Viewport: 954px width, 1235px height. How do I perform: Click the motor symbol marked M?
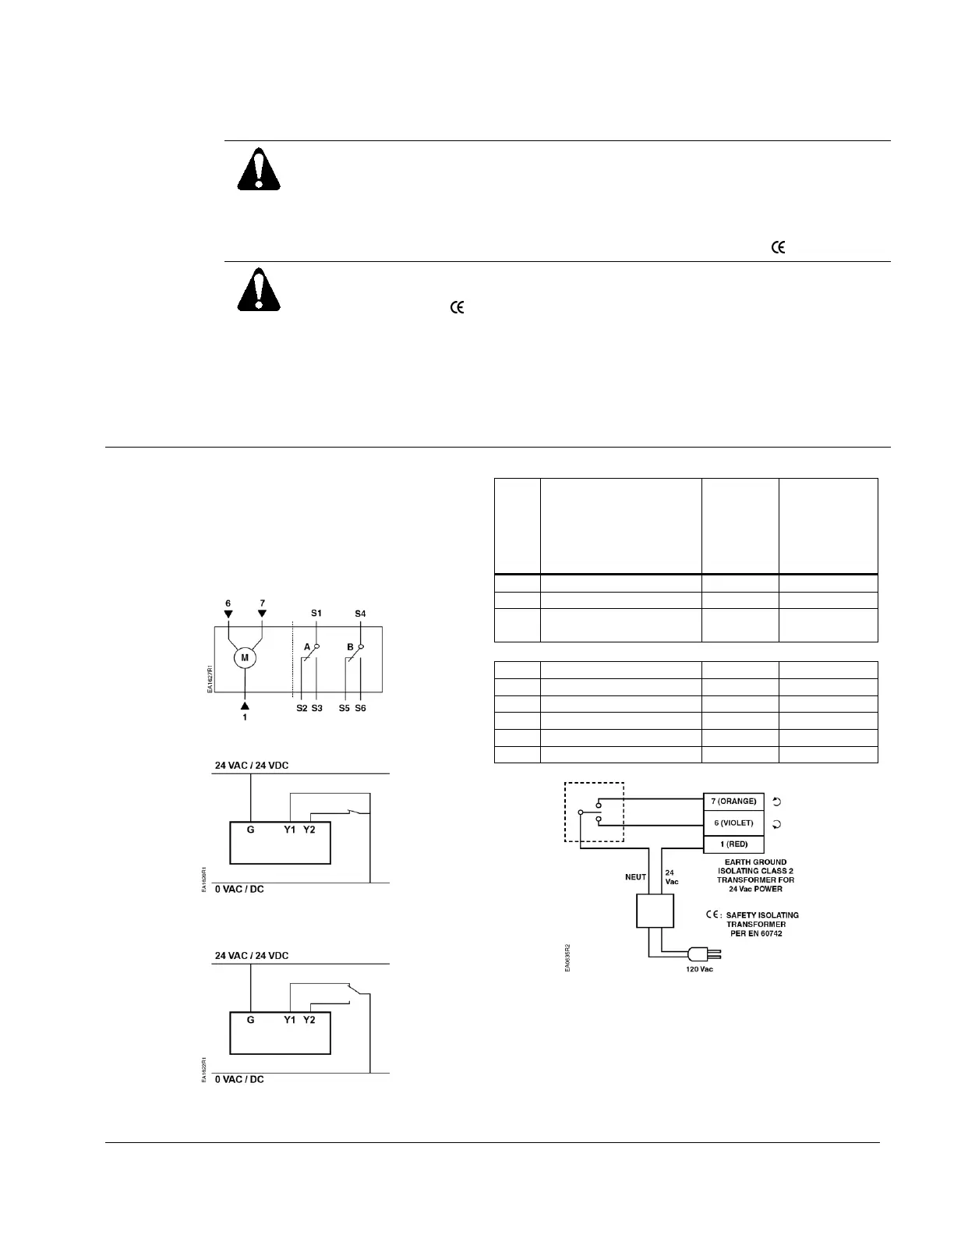point(245,658)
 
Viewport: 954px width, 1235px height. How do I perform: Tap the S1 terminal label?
point(316,614)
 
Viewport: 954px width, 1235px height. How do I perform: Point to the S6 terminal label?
point(360,708)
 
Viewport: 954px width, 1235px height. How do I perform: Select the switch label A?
point(307,647)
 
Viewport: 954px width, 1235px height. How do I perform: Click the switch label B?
point(351,647)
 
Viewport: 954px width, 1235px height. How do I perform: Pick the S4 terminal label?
point(360,614)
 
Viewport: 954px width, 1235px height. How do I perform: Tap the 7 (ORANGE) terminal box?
point(733,801)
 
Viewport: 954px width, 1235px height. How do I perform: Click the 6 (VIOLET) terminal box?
point(733,823)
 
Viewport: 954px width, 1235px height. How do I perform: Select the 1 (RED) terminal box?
point(733,844)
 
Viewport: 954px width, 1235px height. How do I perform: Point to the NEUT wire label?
point(635,876)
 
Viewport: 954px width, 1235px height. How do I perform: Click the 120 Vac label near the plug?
point(698,969)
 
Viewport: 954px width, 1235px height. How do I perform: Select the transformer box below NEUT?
point(655,911)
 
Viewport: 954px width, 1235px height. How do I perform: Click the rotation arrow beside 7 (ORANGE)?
point(776,801)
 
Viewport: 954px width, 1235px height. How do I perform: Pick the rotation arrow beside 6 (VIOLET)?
point(776,823)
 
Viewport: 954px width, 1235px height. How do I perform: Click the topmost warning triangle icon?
point(259,170)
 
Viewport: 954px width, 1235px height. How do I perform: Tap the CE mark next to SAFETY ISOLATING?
point(712,915)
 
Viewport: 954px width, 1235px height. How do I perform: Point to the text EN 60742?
point(761,933)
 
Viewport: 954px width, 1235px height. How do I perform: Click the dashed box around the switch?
point(594,812)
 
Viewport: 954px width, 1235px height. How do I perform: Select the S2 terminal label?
point(301,708)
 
